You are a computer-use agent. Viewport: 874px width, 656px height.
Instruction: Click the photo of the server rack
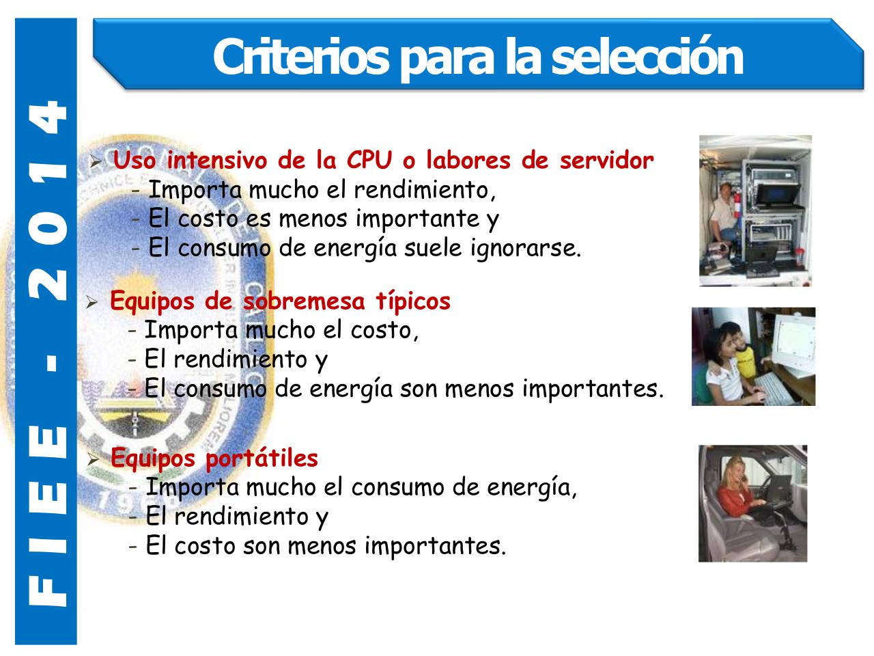click(755, 210)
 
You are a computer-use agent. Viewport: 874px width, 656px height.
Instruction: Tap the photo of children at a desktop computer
click(753, 356)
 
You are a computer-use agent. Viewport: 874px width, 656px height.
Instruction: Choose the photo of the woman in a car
click(752, 504)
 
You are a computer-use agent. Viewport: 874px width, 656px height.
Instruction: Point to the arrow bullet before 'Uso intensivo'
click(96, 163)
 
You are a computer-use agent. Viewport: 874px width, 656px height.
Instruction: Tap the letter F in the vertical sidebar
click(46, 593)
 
